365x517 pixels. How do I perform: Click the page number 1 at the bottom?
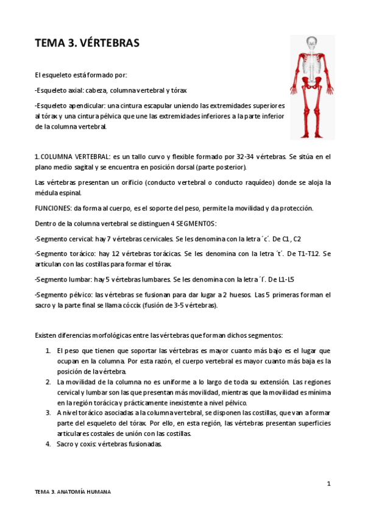coord(328,483)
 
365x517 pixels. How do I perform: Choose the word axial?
coord(77,90)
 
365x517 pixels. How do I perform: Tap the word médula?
coord(46,193)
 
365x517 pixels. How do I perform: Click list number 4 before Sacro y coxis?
coord(48,444)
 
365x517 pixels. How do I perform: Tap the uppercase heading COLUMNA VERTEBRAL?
coord(71,157)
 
